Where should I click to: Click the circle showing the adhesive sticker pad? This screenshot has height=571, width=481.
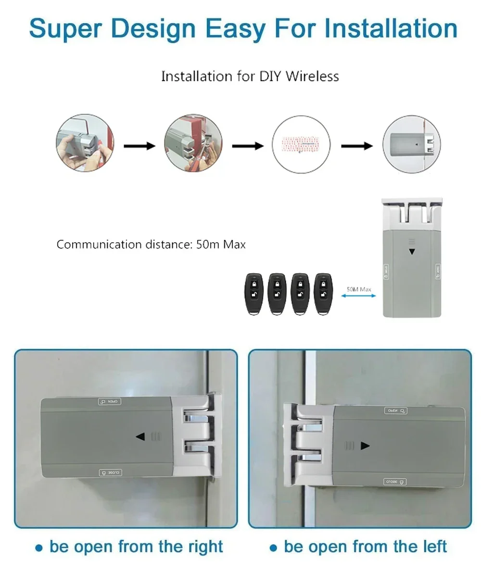302,144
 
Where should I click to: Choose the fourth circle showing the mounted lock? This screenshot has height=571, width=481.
411,144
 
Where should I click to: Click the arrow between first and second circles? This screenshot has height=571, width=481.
139,146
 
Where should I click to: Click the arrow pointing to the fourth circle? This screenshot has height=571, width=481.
356,146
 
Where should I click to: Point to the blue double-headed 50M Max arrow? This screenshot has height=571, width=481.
358,297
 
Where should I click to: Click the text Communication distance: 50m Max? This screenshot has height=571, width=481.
151,244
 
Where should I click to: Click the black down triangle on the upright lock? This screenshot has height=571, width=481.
411,251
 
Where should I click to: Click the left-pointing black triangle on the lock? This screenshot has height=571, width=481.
140,436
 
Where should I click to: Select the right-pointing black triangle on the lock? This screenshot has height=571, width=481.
365,446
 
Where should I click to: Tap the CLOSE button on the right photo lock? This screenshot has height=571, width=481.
395,481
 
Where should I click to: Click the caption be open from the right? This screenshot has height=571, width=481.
130,546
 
